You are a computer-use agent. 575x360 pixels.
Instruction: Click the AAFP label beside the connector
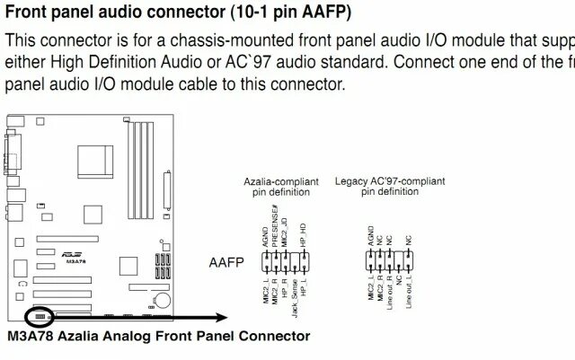pyautogui.click(x=226, y=264)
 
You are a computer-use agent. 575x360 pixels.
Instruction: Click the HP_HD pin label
pyautogui.click(x=304, y=235)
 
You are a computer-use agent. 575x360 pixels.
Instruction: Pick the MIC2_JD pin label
pyautogui.click(x=285, y=232)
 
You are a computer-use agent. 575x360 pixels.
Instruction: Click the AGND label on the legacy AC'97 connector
pyautogui.click(x=371, y=235)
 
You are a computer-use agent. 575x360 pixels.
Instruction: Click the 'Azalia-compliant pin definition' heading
pyautogui.click(x=281, y=186)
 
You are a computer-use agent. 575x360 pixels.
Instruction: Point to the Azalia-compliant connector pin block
pyautogui.click(x=285, y=262)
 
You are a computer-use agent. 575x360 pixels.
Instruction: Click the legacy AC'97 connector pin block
pyautogui.click(x=389, y=262)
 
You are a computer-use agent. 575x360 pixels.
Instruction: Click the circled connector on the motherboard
pyautogui.click(x=40, y=317)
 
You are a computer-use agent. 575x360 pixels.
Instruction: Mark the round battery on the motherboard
pyautogui.click(x=161, y=298)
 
